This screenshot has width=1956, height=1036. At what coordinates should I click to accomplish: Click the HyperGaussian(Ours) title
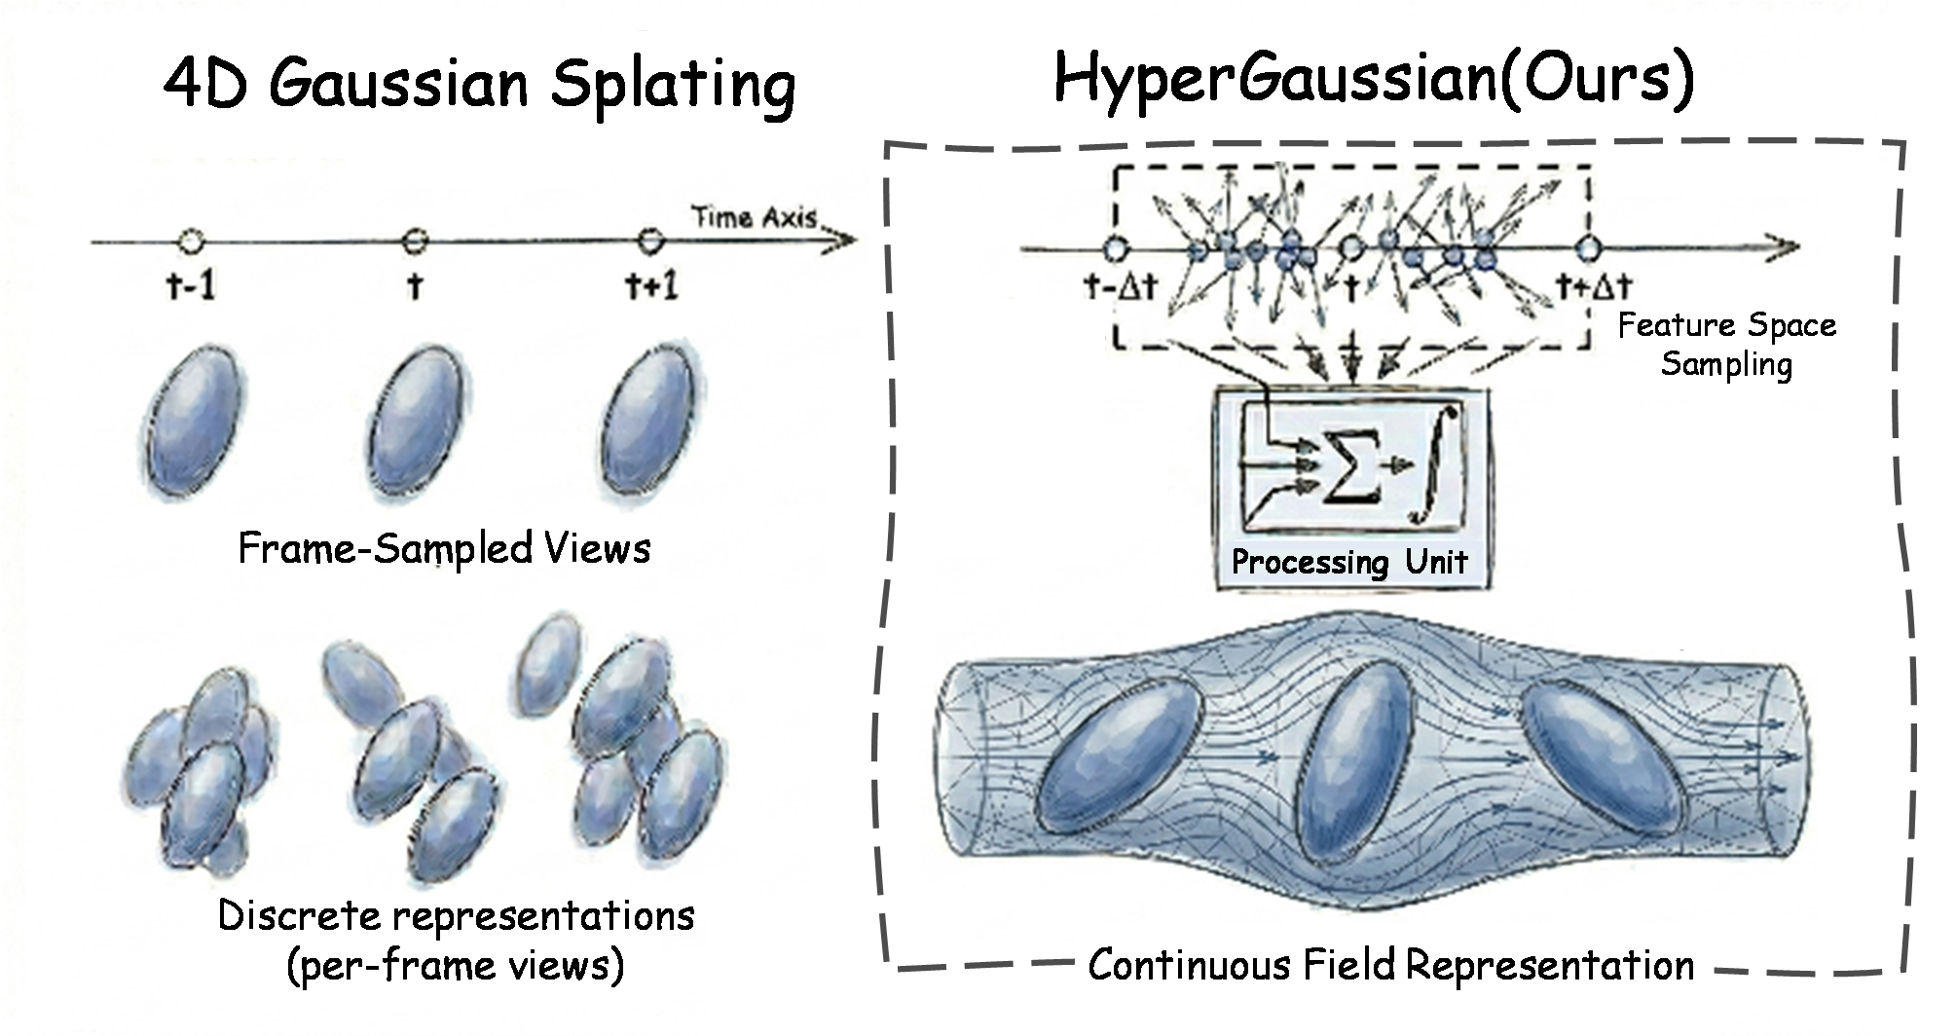[x=1374, y=78]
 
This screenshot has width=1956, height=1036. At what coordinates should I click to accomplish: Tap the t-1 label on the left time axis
[x=191, y=286]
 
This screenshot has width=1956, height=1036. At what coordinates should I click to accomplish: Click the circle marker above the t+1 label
[x=649, y=240]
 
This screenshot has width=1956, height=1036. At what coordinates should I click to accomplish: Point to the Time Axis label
[x=754, y=217]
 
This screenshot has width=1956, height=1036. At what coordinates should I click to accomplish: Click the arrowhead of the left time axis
[x=843, y=240]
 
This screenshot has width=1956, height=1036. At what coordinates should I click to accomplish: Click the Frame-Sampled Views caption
[x=444, y=549]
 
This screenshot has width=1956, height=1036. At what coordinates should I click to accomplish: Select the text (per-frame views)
[x=455, y=965]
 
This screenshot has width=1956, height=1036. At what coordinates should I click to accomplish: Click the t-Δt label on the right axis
[x=1120, y=287]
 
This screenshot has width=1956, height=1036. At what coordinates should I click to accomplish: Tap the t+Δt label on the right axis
[x=1593, y=286]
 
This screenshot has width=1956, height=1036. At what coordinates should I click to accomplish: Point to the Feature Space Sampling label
[x=1726, y=344]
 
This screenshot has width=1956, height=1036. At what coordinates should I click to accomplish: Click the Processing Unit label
[x=1348, y=562]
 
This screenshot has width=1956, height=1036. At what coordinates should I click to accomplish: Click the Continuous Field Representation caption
[x=1390, y=966]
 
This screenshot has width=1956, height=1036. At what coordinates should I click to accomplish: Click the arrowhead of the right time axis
[x=1785, y=248]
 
